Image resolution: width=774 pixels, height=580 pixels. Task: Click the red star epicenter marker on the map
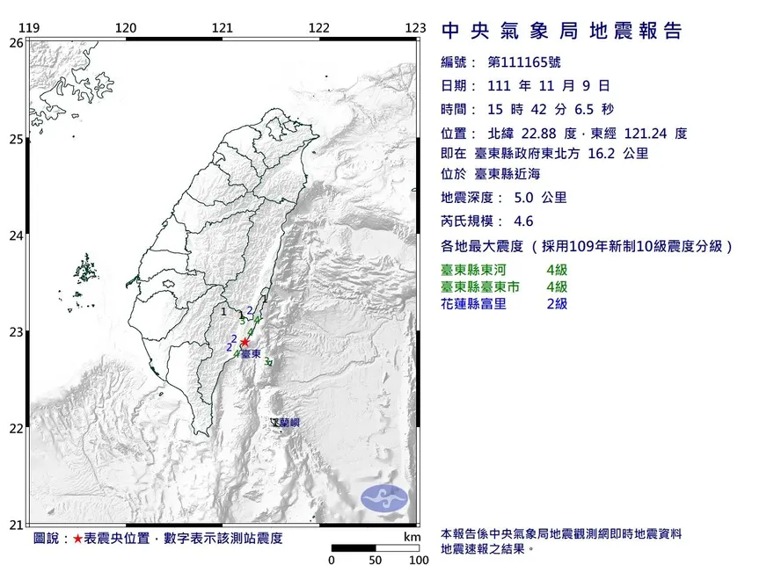(245, 342)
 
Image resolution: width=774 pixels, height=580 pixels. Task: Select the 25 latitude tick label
(16, 139)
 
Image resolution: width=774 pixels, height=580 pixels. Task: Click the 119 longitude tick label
(29, 28)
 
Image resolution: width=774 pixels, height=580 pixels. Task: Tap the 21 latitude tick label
(16, 526)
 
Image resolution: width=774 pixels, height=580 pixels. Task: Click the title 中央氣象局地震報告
(561, 32)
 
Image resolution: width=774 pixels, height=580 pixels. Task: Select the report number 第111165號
(523, 62)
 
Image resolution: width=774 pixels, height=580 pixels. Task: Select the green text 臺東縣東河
(473, 271)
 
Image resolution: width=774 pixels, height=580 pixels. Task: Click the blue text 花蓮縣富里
(473, 304)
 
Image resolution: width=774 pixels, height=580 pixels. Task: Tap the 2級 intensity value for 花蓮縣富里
(557, 304)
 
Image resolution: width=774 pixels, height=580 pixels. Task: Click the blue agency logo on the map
(385, 497)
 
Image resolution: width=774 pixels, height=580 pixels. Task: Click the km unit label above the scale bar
(412, 537)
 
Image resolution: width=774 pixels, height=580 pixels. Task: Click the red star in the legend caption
(78, 538)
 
